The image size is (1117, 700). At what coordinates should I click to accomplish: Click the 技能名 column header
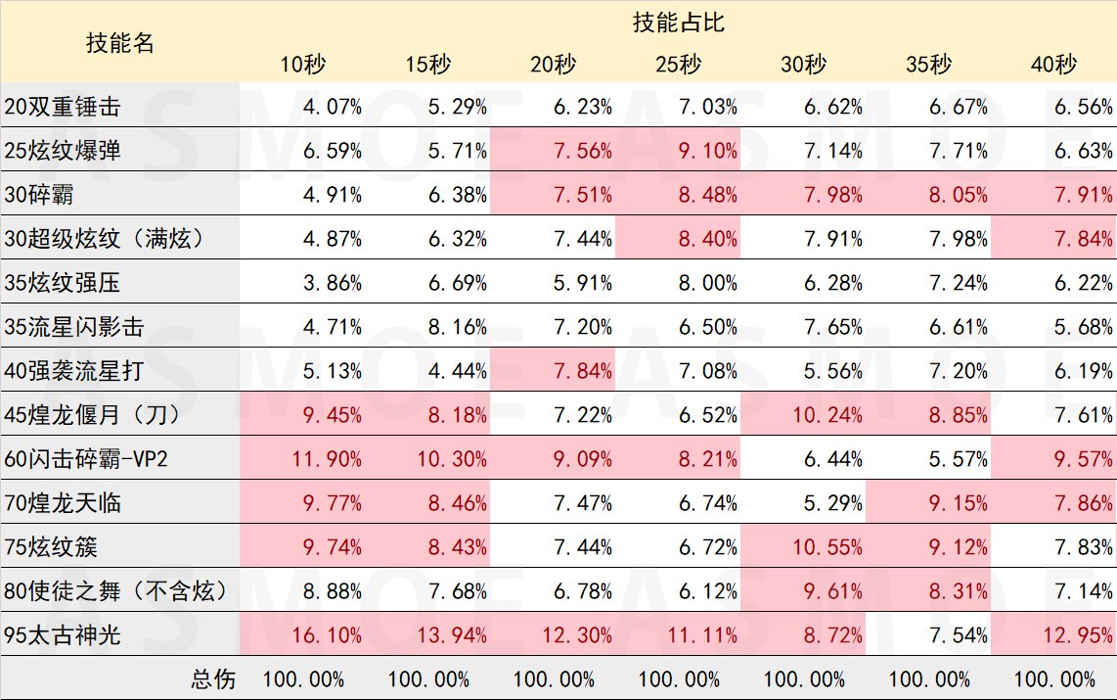(119, 43)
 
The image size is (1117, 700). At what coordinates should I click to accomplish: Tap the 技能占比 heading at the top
(678, 23)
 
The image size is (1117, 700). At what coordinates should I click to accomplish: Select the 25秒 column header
(678, 65)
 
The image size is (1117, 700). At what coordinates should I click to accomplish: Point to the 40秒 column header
(1053, 65)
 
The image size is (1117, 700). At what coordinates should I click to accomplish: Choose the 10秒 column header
(302, 65)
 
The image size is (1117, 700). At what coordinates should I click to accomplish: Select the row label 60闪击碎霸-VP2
(86, 459)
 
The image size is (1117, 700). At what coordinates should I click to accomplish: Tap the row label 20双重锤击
(64, 107)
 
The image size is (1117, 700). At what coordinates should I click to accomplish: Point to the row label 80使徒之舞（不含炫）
(115, 590)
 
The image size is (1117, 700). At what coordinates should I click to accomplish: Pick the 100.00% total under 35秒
(928, 678)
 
